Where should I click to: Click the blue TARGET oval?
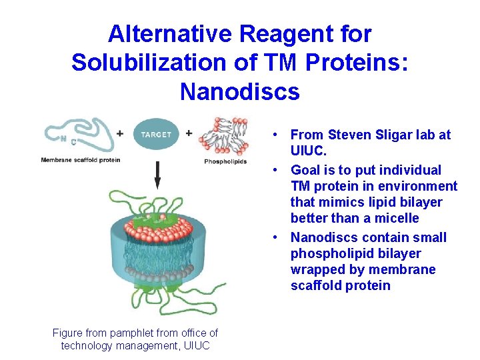(x=156, y=134)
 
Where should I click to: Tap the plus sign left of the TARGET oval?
(x=119, y=133)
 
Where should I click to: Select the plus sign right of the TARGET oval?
(x=189, y=133)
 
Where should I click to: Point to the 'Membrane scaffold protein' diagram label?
(x=80, y=160)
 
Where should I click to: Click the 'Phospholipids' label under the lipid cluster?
(x=225, y=161)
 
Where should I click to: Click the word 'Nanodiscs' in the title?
(x=240, y=91)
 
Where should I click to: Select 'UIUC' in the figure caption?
(x=196, y=345)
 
